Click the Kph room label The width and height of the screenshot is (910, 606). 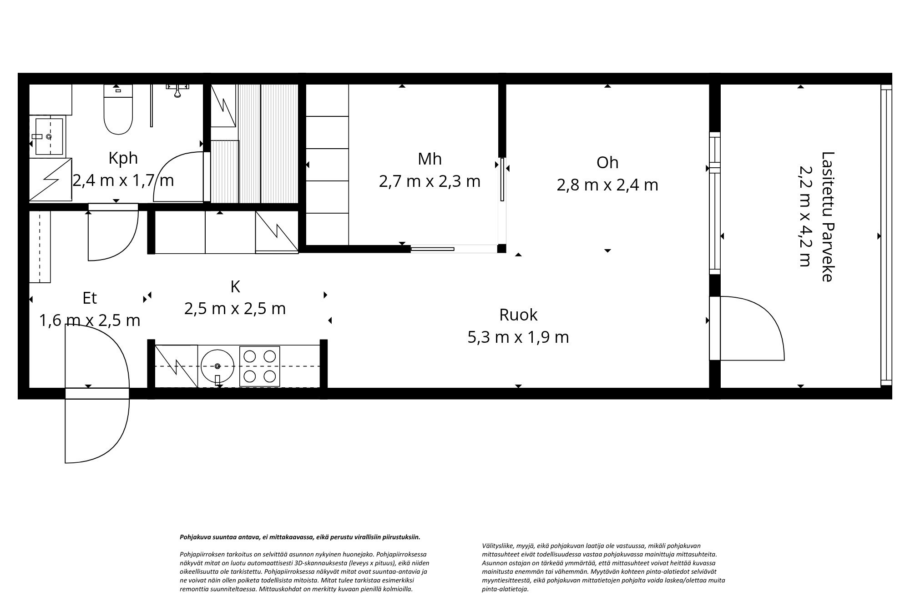[x=123, y=158]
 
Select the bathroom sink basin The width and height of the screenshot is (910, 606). [x=49, y=136]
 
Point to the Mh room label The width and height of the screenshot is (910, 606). [x=430, y=159]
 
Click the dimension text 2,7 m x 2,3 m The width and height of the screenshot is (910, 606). [x=430, y=181]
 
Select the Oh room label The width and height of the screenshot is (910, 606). [x=607, y=163]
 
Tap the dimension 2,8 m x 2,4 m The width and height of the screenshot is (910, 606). [x=607, y=185]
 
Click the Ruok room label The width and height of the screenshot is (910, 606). [x=518, y=315]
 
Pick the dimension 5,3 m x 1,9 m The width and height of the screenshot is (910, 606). [x=518, y=337]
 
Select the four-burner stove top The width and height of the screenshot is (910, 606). [x=260, y=366]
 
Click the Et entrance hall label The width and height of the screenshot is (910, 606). [x=90, y=298]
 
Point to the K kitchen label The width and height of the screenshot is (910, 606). [x=235, y=287]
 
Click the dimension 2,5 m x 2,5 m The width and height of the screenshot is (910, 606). [x=235, y=309]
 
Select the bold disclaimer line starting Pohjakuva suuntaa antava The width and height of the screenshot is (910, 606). [x=300, y=537]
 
